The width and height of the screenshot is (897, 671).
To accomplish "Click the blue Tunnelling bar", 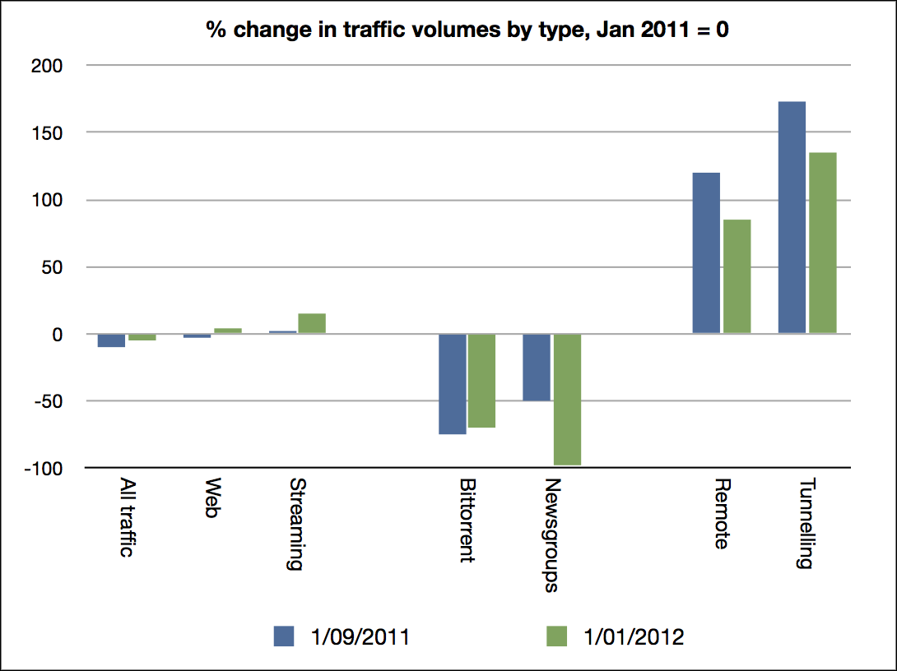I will point(792,218).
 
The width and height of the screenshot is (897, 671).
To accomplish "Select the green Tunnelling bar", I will point(822,243).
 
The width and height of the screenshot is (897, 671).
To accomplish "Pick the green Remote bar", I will point(737,276).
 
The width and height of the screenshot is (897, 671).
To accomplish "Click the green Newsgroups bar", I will point(567,400).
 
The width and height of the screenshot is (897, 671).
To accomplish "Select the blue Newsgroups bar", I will point(537,368).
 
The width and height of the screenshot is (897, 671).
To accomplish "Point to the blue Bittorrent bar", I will point(452,384).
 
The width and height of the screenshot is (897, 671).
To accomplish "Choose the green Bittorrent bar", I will point(481,381).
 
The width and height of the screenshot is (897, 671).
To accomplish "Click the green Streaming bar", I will point(312,323).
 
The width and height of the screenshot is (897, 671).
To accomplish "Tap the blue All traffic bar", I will point(111,340).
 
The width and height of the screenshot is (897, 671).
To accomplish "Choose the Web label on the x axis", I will point(211,497).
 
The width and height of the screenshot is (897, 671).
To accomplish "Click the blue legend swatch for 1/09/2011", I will point(285,636).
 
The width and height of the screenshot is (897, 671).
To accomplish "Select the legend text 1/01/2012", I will point(634,636).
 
